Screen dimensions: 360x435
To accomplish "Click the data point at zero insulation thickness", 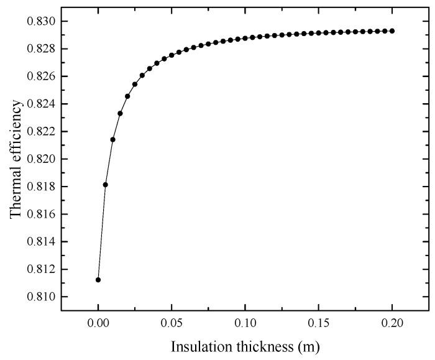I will coord(98,280).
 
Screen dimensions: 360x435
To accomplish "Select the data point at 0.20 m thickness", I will coord(392,31).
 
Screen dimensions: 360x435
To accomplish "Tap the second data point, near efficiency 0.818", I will coord(106,185).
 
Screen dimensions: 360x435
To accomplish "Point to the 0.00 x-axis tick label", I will coord(98,324).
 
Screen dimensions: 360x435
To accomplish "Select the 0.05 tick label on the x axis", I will coord(172,324).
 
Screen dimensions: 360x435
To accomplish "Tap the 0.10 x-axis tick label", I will coord(245,324).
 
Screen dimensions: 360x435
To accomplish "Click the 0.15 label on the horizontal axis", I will coord(319,324).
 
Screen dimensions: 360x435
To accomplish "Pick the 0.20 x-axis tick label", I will coord(392,324).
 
